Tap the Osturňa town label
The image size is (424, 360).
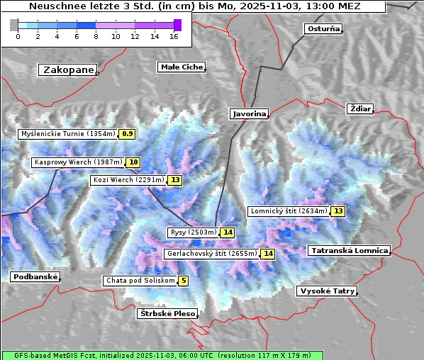[x=323, y=29]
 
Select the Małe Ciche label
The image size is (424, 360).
[x=181, y=67]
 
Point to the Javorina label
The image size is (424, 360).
[x=249, y=113]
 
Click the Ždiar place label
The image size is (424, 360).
[x=360, y=108]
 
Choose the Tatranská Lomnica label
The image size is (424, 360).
[x=350, y=251]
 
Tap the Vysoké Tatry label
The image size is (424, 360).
[x=326, y=291]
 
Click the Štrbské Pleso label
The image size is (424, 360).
[x=166, y=313]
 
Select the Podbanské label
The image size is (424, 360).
[x=35, y=277]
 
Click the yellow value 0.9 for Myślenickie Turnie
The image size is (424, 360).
[x=127, y=133]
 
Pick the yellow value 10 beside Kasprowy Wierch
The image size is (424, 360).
[x=133, y=162]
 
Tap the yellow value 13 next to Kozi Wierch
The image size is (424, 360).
[x=174, y=180]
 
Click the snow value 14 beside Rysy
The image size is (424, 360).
[x=227, y=232]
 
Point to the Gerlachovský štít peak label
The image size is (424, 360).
[x=211, y=254]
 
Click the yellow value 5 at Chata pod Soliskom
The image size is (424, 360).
[x=184, y=281]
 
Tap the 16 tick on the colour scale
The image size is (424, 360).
[x=174, y=36]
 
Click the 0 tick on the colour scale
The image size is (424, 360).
[x=18, y=36]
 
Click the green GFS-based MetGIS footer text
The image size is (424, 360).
[x=162, y=355]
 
